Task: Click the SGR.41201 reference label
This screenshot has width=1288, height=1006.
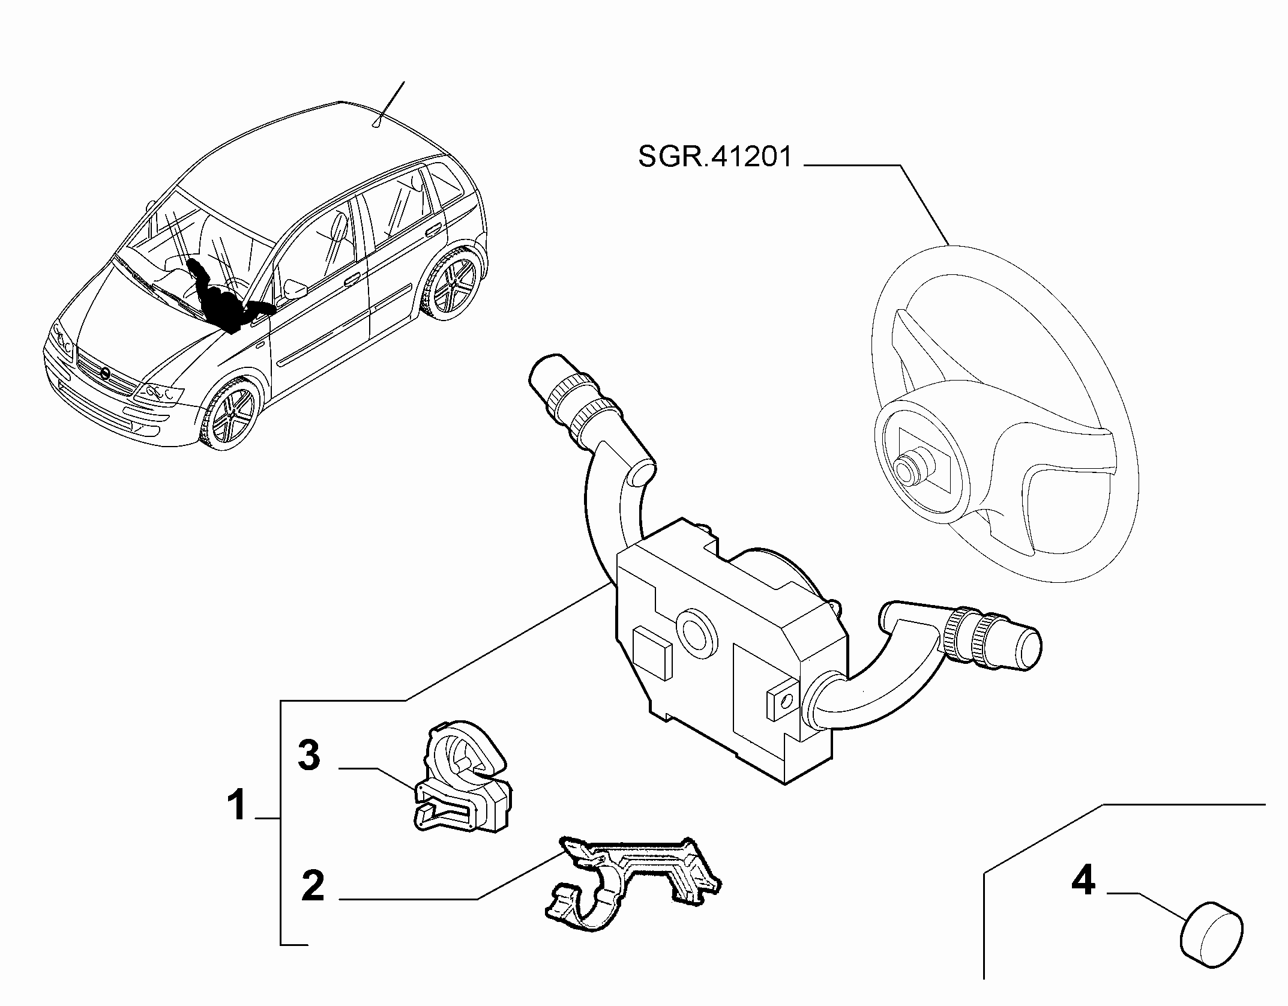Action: tap(715, 157)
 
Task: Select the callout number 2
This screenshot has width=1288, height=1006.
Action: tap(313, 885)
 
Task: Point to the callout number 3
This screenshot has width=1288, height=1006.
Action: tap(309, 755)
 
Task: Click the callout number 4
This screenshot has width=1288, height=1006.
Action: tap(1083, 881)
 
